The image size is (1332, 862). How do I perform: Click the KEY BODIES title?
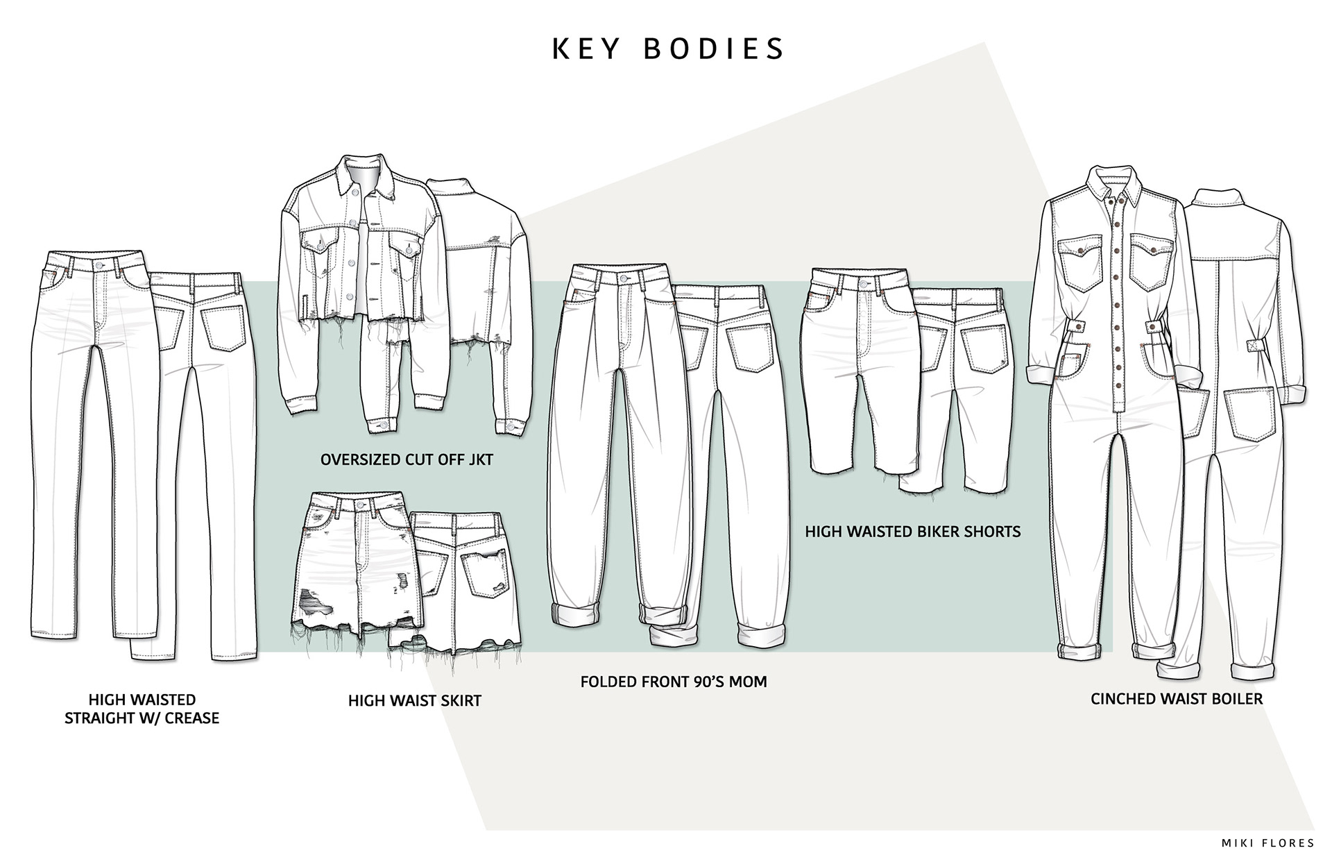click(x=668, y=49)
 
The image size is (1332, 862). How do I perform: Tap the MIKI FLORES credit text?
click(x=1267, y=843)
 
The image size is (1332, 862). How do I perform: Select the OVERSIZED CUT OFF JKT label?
click(x=407, y=459)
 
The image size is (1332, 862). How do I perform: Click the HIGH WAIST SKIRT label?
click(x=414, y=700)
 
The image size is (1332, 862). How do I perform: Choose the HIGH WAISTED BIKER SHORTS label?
click(x=912, y=532)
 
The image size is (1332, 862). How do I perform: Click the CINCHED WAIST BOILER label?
click(x=1176, y=698)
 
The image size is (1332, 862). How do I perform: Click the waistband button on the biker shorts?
click(x=863, y=284)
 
